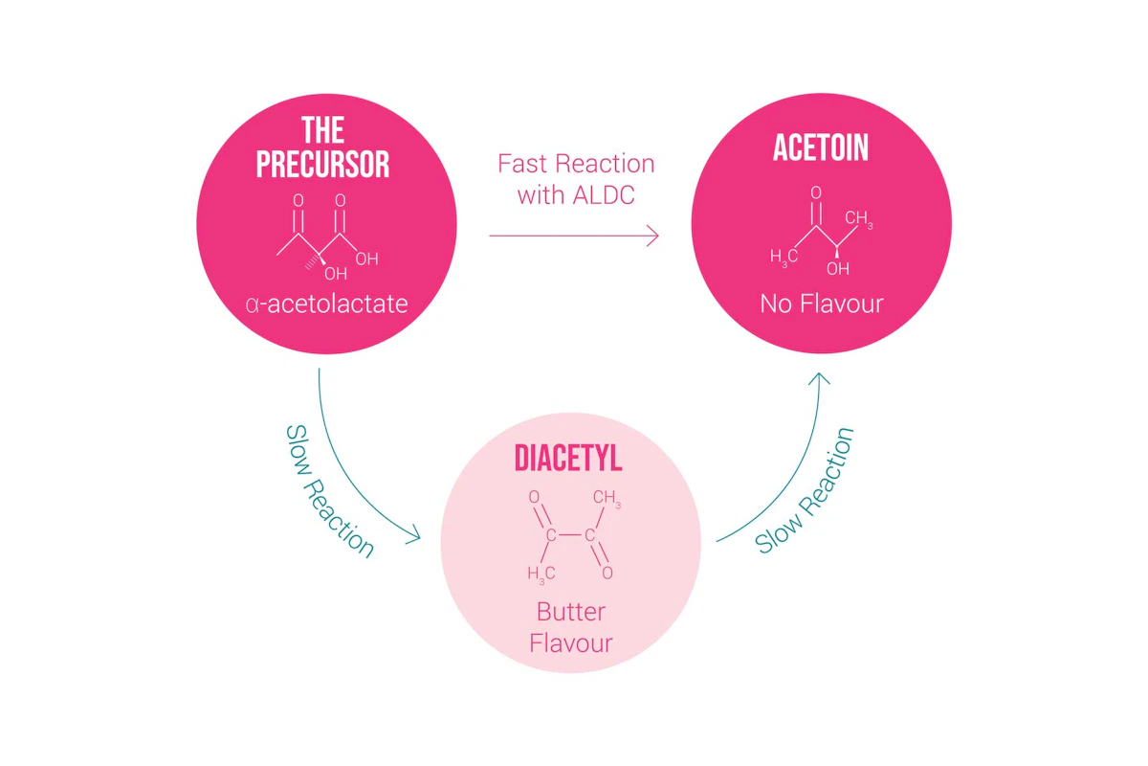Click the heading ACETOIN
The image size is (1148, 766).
[821, 148]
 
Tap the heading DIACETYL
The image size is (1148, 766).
[568, 458]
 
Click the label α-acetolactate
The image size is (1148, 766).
[326, 304]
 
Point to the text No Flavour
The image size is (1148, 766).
[821, 304]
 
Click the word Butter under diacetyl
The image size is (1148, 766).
[570, 611]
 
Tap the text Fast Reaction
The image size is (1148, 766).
[576, 164]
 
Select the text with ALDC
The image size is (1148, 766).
[576, 195]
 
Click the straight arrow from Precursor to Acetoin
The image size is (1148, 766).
[574, 235]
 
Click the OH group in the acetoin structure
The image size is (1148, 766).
[837, 269]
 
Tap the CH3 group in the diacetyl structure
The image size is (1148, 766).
[607, 499]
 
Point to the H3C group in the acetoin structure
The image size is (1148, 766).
[784, 257]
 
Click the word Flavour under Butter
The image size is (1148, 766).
[570, 642]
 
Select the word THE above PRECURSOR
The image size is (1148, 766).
[322, 130]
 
